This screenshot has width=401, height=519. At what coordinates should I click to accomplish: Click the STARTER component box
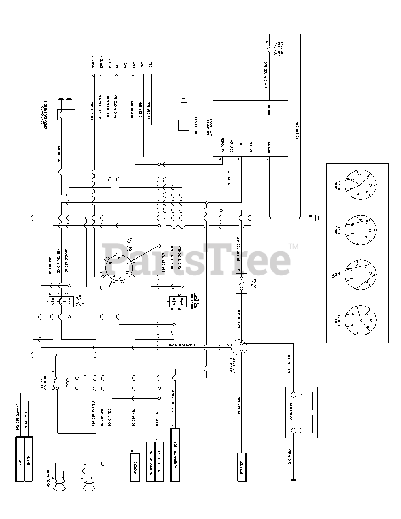coord(242,467)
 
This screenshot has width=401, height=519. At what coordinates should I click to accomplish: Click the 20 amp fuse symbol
coord(242,283)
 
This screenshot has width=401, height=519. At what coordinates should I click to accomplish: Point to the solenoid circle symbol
coord(241,347)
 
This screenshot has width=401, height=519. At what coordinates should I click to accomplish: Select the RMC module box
coord(251,128)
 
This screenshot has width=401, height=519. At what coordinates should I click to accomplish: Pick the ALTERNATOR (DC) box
coord(175,460)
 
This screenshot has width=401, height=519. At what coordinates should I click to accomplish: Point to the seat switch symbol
coord(65,114)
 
